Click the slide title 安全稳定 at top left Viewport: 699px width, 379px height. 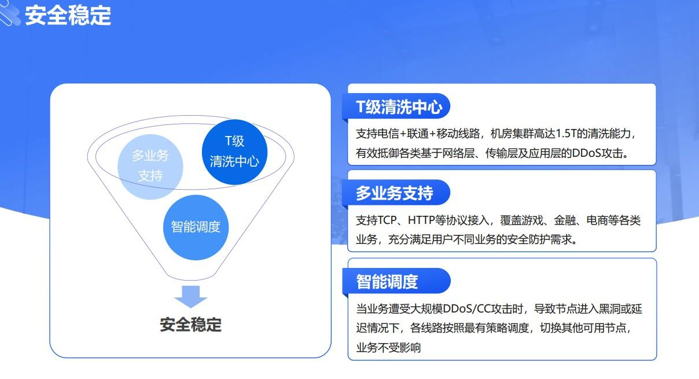coord(68,16)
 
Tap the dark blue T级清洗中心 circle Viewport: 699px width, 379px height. coord(235,152)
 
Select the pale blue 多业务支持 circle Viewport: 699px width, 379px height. coord(150,167)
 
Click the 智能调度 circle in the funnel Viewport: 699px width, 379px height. coord(196,227)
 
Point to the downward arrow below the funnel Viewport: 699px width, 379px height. coord(191,297)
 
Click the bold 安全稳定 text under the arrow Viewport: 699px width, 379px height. coord(191,325)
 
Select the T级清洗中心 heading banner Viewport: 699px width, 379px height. coord(396,106)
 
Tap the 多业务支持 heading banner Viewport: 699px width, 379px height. coord(396,193)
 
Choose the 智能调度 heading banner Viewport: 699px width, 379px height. coord(396,281)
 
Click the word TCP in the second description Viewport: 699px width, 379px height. coord(387,220)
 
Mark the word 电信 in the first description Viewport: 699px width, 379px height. coord(388,134)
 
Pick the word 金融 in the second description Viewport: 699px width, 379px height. coord(565,220)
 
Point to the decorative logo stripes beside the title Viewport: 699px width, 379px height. coord(9,13)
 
